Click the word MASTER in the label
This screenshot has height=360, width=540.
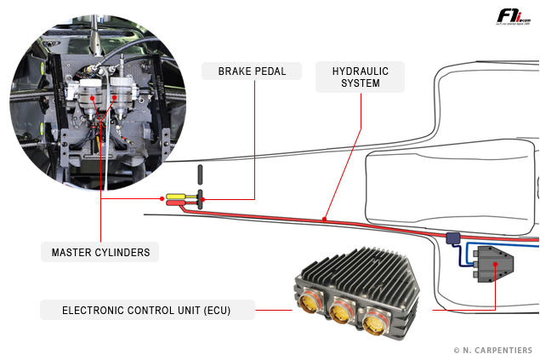(x=71, y=252)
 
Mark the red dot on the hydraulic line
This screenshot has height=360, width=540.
(x=324, y=220)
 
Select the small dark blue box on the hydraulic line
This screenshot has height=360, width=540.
(x=453, y=239)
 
